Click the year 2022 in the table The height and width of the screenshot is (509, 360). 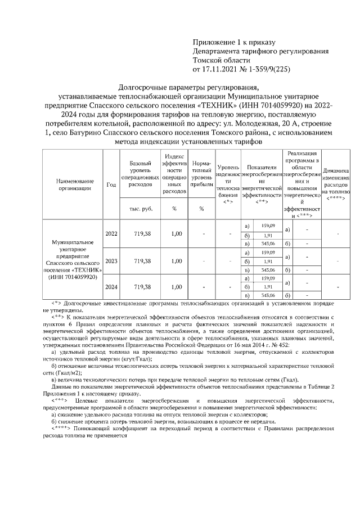point(111,233)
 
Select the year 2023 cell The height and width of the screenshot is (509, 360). point(111,261)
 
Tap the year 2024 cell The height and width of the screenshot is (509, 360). point(111,287)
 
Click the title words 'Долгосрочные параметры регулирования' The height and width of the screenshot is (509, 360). point(190,87)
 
